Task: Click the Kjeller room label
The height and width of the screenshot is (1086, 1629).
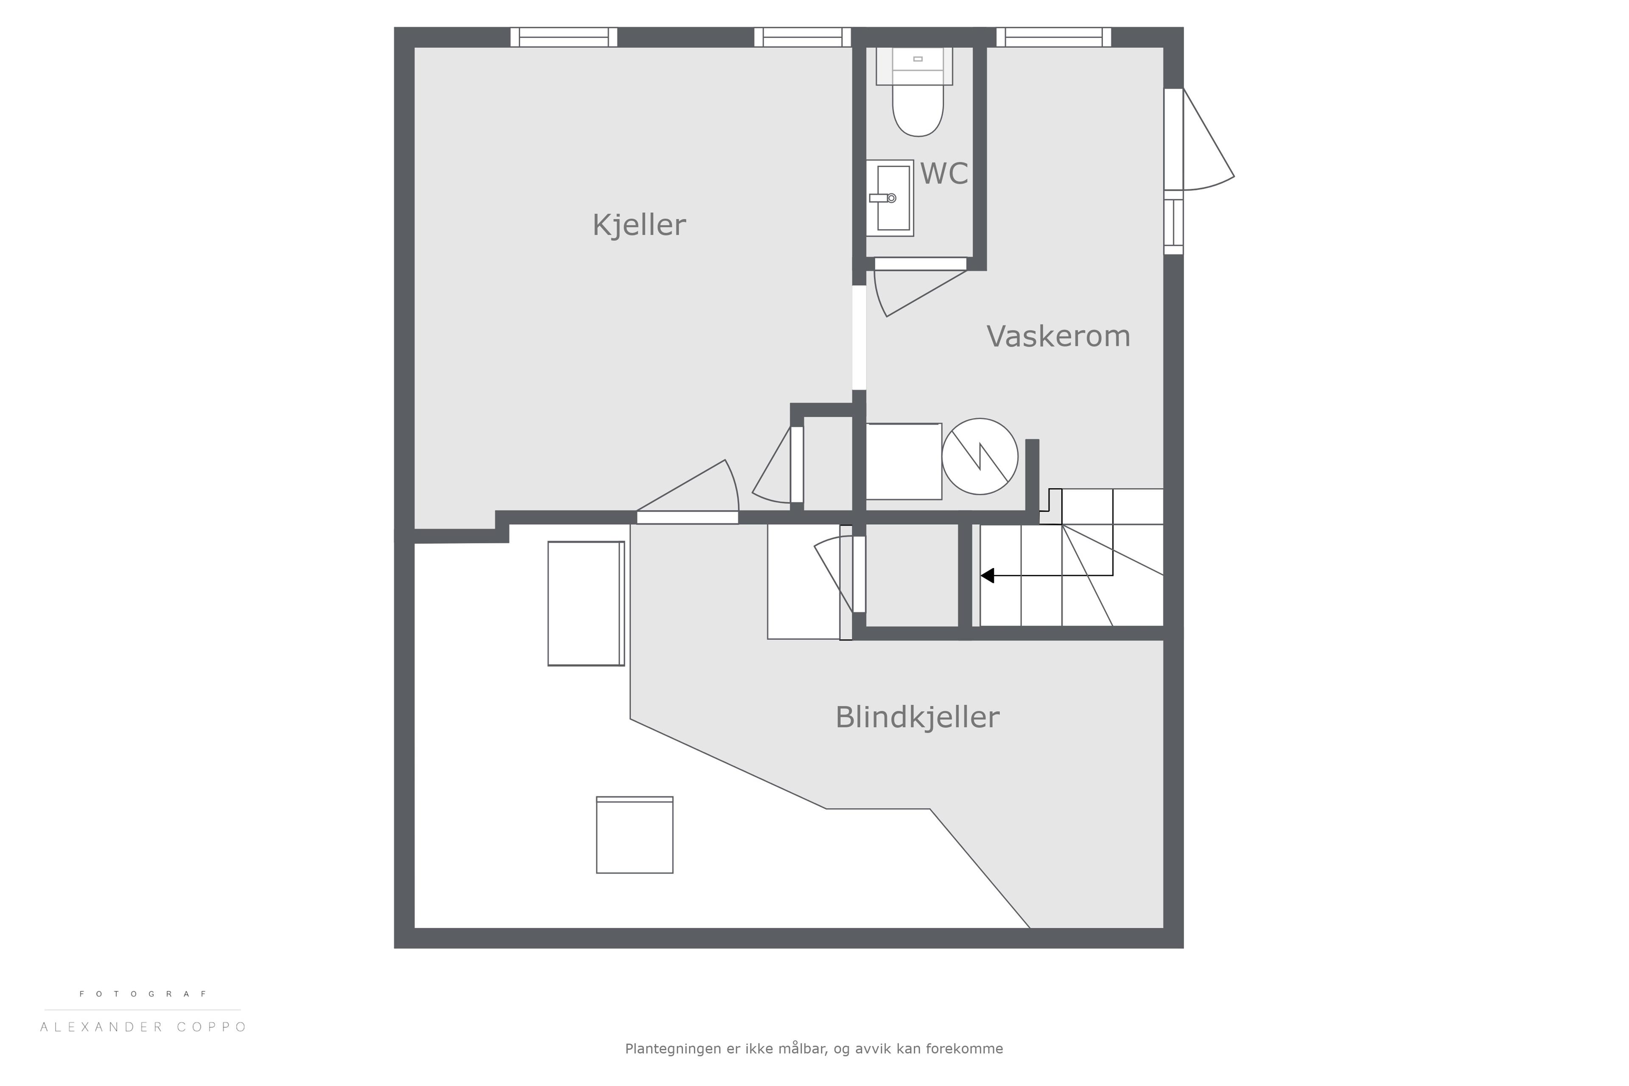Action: (x=638, y=225)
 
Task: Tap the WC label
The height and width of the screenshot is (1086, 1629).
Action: (x=944, y=174)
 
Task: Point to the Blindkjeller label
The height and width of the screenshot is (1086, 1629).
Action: (x=917, y=717)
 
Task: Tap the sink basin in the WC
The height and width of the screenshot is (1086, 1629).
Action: (x=893, y=198)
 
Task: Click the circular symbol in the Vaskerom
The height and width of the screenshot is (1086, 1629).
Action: (x=980, y=456)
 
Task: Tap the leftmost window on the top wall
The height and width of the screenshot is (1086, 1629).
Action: (x=564, y=37)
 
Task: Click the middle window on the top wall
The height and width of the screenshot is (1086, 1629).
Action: (x=802, y=37)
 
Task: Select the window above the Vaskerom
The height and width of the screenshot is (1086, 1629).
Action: (x=1053, y=37)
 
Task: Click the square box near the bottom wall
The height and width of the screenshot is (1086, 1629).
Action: (x=635, y=834)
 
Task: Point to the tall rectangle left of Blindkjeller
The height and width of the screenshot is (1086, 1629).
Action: (x=586, y=603)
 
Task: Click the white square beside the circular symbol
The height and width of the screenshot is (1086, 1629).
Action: (x=904, y=461)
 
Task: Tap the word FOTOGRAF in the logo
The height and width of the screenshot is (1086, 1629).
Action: (x=143, y=994)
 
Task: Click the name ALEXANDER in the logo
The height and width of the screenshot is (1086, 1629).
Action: (x=101, y=1027)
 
